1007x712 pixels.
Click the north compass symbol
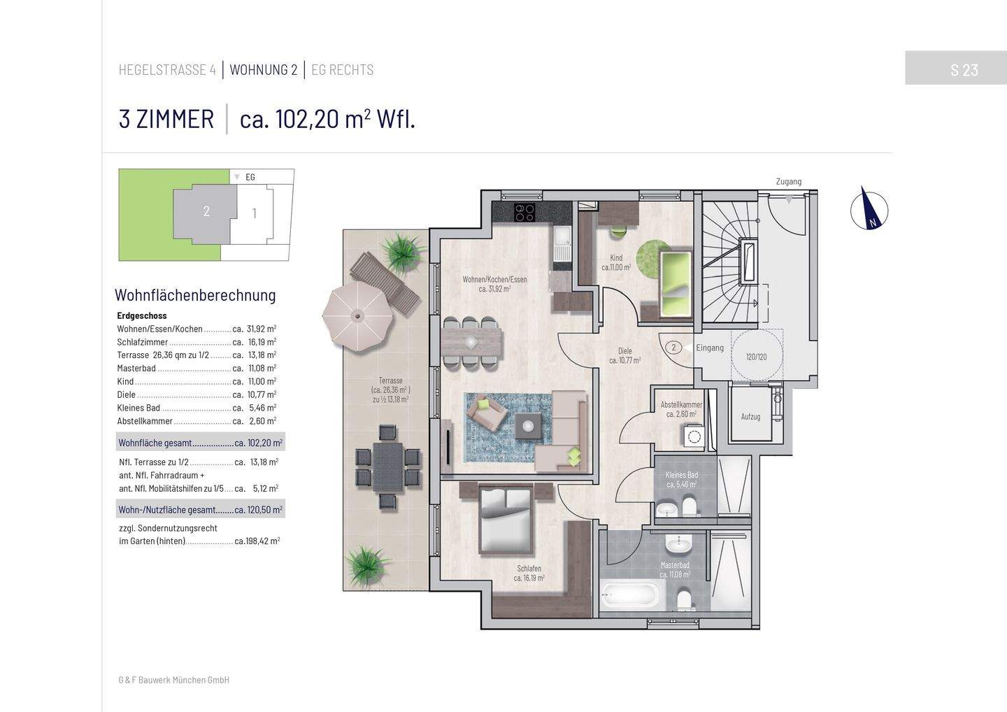click(869, 208)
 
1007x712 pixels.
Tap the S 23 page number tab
click(964, 69)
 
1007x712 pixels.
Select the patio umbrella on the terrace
click(357, 315)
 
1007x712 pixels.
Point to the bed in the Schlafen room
click(506, 519)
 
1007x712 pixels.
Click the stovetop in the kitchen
click(524, 211)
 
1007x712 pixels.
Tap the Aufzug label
click(750, 417)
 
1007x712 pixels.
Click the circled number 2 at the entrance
click(673, 348)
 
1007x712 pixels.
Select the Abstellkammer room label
click(681, 405)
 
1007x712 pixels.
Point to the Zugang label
click(788, 182)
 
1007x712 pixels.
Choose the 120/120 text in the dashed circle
click(756, 357)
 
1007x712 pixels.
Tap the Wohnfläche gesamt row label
click(154, 443)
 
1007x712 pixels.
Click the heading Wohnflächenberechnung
click(195, 295)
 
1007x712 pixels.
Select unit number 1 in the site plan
click(254, 213)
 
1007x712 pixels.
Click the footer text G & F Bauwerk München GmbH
click(174, 680)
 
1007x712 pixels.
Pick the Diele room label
click(624, 351)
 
